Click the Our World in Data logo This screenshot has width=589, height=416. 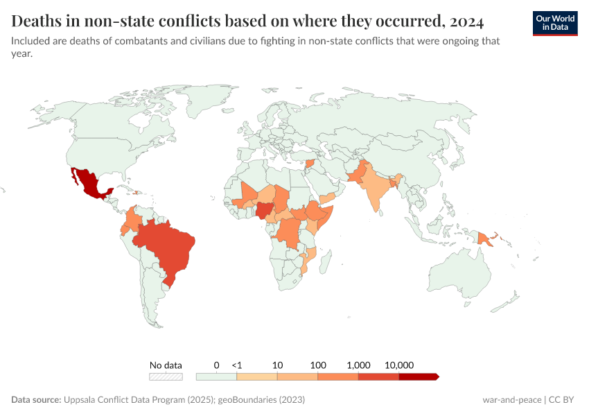point(555,22)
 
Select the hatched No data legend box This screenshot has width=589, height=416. point(166,376)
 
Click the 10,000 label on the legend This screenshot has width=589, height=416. point(399,365)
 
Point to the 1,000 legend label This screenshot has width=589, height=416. point(359,365)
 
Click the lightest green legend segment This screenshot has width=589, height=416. point(216,376)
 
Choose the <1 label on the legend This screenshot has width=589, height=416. point(237,365)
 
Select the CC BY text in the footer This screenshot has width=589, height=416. point(564,400)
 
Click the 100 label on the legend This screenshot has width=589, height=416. point(318,365)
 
